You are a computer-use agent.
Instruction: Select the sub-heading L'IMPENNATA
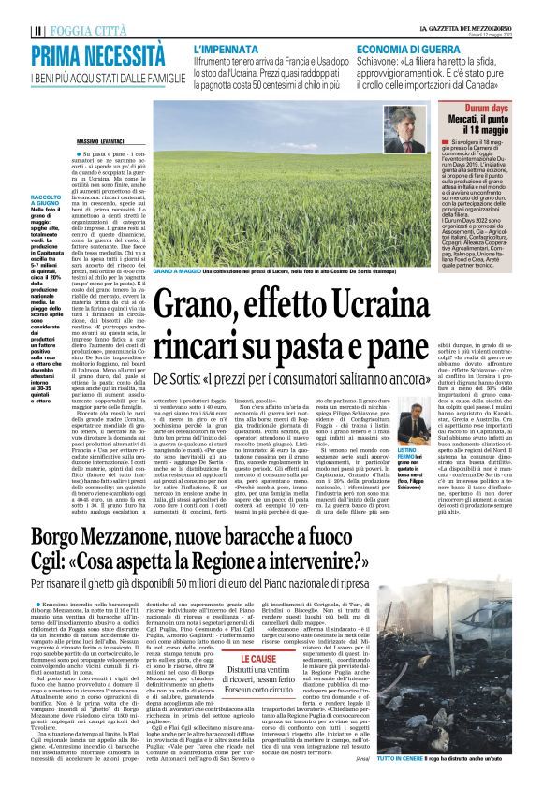(227, 46)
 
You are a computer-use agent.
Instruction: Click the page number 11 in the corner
(8, 12)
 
